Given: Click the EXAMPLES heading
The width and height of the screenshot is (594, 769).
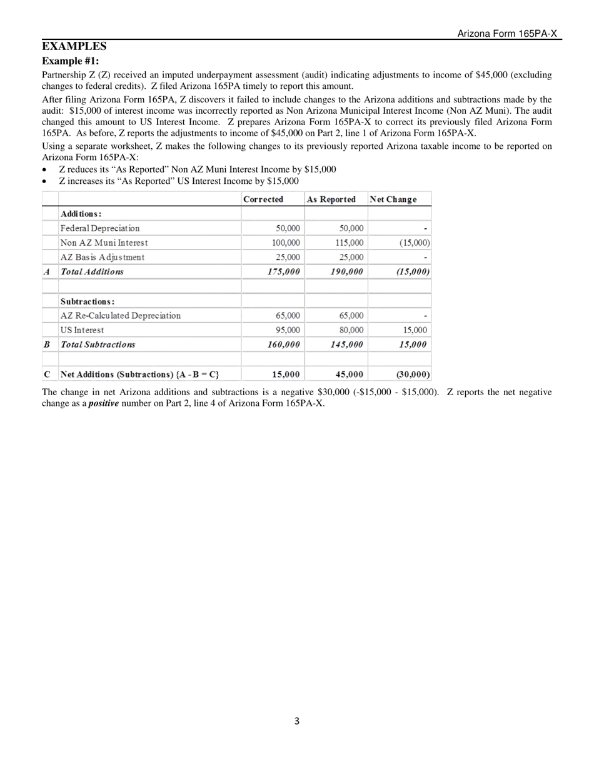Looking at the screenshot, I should pos(74,47).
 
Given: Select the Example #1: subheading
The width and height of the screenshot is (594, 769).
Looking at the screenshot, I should pos(70,61).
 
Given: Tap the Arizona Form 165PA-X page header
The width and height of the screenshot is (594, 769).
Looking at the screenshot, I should pos(506,34).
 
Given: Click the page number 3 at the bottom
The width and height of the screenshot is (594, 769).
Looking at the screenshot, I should pos(296,721).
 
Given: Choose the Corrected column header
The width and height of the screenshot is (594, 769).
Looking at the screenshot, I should pos(263,199).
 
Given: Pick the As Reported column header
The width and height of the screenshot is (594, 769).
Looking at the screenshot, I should pos(331,199).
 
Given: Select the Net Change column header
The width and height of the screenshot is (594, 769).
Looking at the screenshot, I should pos(393,199).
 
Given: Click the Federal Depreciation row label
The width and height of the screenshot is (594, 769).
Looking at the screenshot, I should pos(100,228).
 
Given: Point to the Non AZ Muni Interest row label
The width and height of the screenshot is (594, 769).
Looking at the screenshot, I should pos(104,243).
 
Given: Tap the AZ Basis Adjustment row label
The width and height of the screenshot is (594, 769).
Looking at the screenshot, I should pos(103,257).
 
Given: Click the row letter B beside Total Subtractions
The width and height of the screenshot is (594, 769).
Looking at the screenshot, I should pos(47,344).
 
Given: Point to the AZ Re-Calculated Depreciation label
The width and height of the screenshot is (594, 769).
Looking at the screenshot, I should pos(121,316).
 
